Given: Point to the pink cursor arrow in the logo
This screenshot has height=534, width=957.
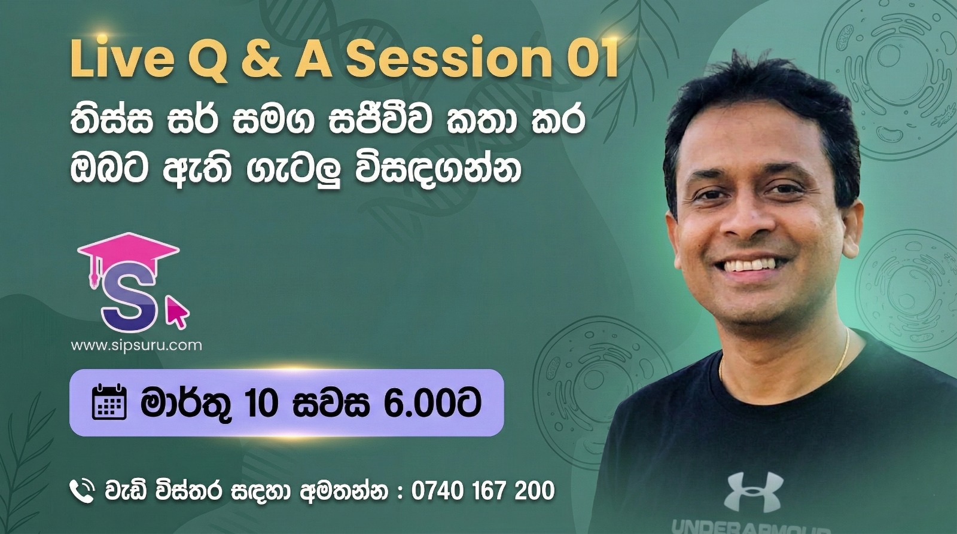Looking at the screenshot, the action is (x=177, y=312).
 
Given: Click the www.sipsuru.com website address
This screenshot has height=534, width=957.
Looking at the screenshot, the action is (x=136, y=345).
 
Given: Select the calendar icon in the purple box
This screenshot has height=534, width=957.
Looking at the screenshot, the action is (x=109, y=402).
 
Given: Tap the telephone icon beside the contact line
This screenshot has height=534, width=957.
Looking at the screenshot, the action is (x=82, y=492).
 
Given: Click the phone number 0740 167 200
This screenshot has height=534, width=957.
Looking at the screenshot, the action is (x=483, y=491).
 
